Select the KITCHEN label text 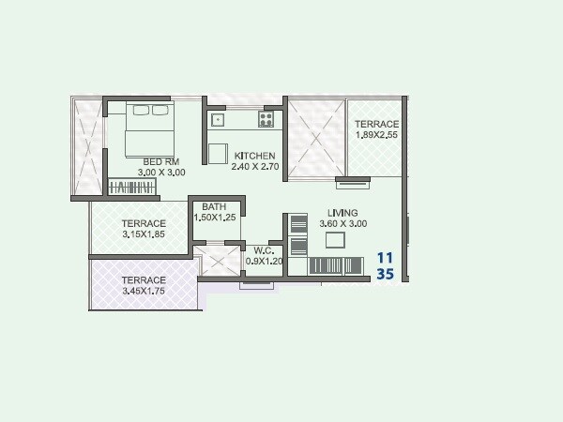click(254, 156)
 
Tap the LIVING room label click(343, 213)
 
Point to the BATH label click(214, 206)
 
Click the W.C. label click(264, 250)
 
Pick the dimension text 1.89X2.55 click(376, 135)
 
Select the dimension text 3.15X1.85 click(144, 235)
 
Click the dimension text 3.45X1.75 click(143, 292)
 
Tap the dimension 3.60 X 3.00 click(343, 224)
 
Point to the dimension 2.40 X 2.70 click(254, 167)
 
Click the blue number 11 click(385, 257)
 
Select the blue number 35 click(385, 275)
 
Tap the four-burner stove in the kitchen click(266, 119)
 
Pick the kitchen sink click(217, 119)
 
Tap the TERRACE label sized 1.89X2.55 click(376, 124)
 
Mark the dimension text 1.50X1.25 click(214, 218)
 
